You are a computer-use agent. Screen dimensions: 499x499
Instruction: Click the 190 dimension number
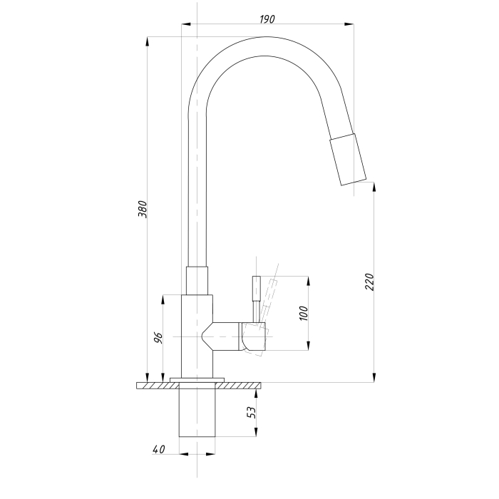pyautogui.click(x=267, y=19)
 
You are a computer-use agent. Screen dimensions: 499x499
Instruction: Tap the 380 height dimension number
pyautogui.click(x=143, y=209)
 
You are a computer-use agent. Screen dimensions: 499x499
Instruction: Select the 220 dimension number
pyautogui.click(x=369, y=282)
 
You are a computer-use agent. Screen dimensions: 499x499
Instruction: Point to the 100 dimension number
pyautogui.click(x=304, y=313)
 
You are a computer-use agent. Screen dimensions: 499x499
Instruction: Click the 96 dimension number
pyautogui.click(x=158, y=338)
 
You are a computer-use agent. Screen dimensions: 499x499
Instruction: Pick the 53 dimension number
pyautogui.click(x=252, y=413)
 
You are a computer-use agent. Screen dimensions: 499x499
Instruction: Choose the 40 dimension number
pyautogui.click(x=159, y=449)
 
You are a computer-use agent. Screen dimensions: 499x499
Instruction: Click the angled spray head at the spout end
pyautogui.click(x=348, y=159)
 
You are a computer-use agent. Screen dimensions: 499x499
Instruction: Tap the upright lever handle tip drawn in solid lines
pyautogui.click(x=257, y=288)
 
